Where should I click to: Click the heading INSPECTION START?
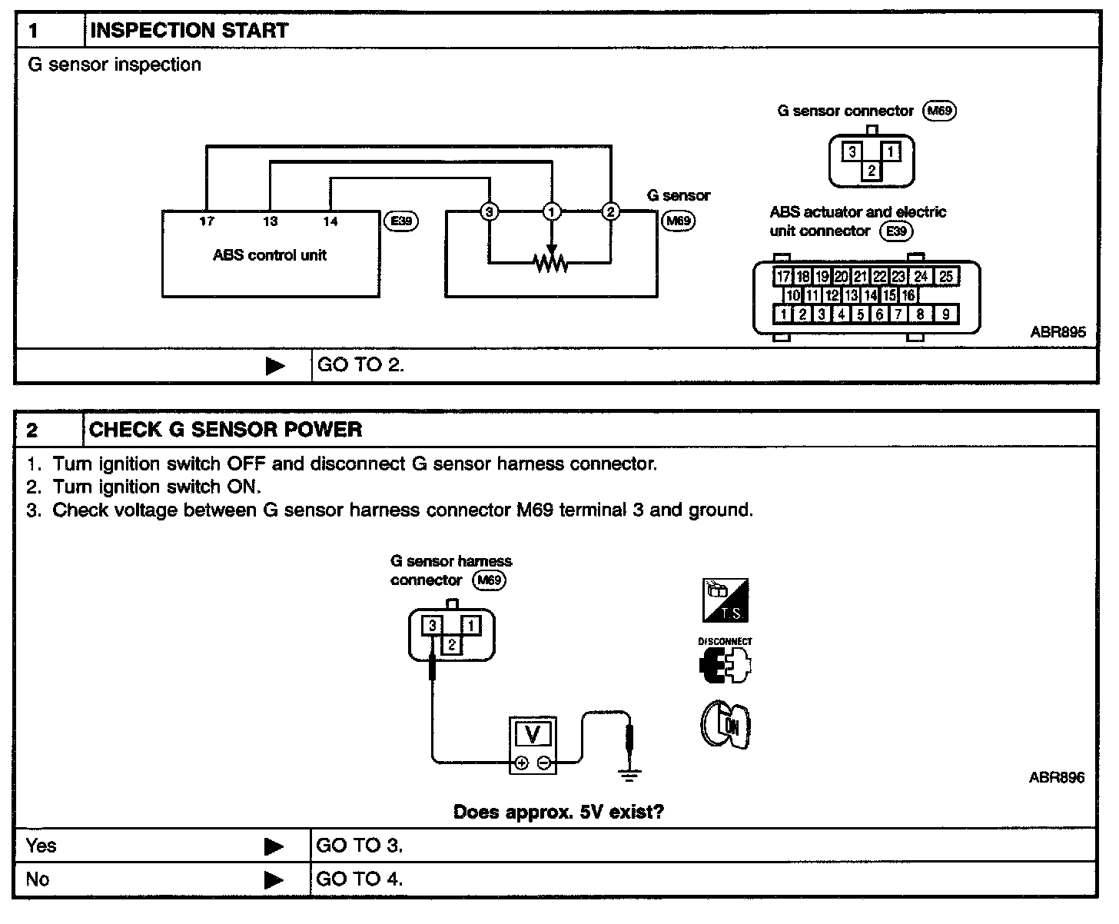point(189,31)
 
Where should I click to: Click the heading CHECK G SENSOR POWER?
point(226,430)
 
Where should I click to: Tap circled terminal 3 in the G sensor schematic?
point(489,211)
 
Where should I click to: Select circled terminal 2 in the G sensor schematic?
point(610,211)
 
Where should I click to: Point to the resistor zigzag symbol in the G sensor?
point(551,263)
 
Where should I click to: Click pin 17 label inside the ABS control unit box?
point(207,221)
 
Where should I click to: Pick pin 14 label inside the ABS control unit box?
point(330,221)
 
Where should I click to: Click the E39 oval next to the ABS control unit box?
point(401,221)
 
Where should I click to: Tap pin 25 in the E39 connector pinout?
point(946,277)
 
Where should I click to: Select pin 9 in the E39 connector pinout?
point(946,314)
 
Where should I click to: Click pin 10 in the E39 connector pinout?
point(792,295)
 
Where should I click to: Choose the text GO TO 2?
point(360,365)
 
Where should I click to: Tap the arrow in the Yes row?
point(274,846)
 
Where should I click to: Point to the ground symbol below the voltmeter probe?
point(629,776)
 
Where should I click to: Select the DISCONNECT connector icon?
point(725,665)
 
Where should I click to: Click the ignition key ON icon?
point(726,725)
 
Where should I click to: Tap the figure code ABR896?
point(1056,778)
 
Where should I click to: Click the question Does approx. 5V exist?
point(559,812)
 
